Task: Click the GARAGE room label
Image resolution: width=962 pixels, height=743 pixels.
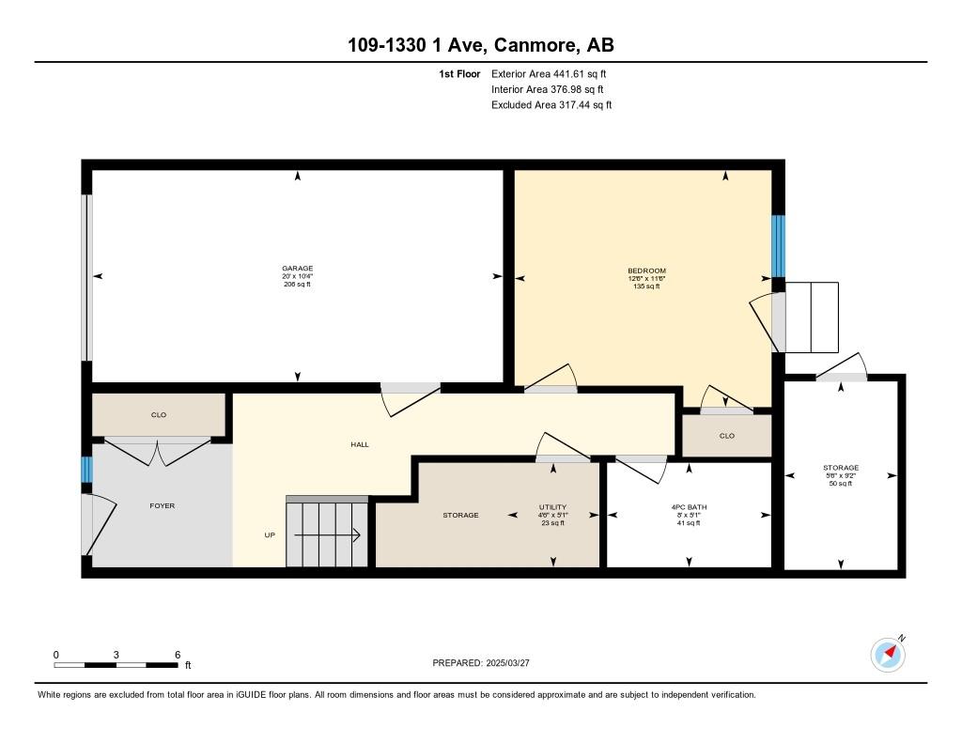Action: click(298, 268)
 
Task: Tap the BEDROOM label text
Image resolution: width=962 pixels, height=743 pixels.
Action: click(646, 271)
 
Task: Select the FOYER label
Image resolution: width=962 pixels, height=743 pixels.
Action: click(162, 505)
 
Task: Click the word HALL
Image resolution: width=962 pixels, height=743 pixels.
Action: click(360, 444)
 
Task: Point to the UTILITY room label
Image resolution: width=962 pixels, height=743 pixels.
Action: click(552, 507)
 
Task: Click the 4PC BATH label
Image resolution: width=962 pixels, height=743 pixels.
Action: click(689, 507)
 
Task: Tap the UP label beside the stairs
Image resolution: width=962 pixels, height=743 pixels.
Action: click(270, 535)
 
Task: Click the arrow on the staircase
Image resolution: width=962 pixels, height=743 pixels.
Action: click(327, 535)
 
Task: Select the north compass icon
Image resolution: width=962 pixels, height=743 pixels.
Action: click(888, 654)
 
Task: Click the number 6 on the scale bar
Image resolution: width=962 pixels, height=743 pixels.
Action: click(178, 655)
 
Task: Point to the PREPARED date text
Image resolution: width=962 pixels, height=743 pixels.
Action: click(481, 662)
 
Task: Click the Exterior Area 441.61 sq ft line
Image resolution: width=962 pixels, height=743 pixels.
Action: click(549, 73)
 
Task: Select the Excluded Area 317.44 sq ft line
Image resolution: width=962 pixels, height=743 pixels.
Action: click(551, 105)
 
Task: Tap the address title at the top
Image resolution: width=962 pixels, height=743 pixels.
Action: click(481, 45)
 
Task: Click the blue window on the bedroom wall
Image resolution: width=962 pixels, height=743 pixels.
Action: click(778, 246)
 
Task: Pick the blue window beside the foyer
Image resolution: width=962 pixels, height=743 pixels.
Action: click(87, 470)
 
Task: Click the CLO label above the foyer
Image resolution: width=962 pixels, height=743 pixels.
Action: click(159, 415)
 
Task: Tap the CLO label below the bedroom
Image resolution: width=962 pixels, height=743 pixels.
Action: click(727, 436)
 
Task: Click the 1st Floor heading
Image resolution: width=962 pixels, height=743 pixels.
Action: click(459, 73)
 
